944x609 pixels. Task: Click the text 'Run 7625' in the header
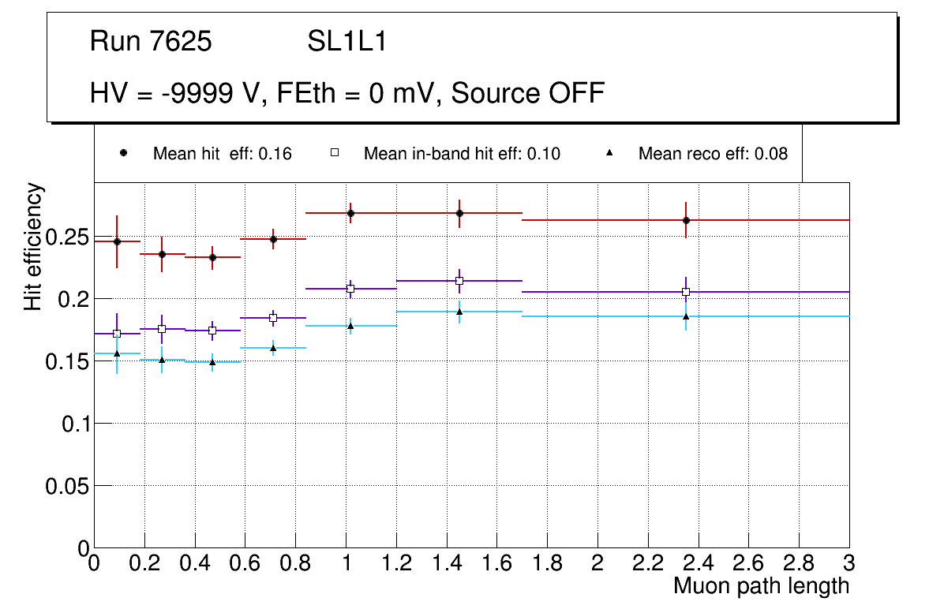pyautogui.click(x=151, y=42)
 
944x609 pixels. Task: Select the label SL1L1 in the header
pyautogui.click(x=347, y=42)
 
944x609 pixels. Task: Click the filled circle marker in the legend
pyautogui.click(x=123, y=153)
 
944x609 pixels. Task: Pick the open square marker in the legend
pyautogui.click(x=334, y=153)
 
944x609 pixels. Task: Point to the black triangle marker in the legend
pyautogui.click(x=608, y=153)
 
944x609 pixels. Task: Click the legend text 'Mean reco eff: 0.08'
pyautogui.click(x=713, y=154)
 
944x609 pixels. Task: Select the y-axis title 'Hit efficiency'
pyautogui.click(x=33, y=246)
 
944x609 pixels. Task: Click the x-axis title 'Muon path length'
pyautogui.click(x=761, y=586)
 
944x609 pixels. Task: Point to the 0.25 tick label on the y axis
pyautogui.click(x=66, y=237)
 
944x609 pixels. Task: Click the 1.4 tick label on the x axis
pyautogui.click(x=446, y=564)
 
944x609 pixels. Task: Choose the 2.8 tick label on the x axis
pyautogui.click(x=799, y=564)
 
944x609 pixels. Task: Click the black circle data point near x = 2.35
pyautogui.click(x=686, y=220)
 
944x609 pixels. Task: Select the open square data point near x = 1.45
pyautogui.click(x=459, y=281)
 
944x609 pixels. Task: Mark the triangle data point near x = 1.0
pyautogui.click(x=350, y=325)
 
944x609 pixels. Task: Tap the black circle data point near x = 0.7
pyautogui.click(x=273, y=239)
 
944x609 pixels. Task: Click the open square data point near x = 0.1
pyautogui.click(x=117, y=334)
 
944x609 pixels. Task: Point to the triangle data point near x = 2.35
pyautogui.click(x=686, y=316)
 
